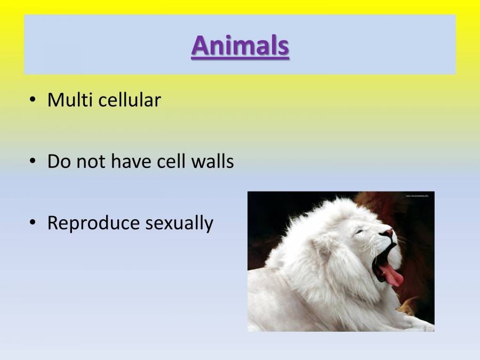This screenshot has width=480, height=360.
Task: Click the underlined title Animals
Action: (x=240, y=45)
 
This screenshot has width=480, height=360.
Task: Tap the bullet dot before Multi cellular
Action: (x=33, y=100)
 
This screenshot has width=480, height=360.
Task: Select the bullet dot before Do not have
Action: (x=33, y=161)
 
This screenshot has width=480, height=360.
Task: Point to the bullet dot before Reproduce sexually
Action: (x=33, y=223)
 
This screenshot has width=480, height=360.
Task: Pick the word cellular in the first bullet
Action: (x=130, y=100)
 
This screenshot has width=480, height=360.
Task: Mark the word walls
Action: (x=214, y=161)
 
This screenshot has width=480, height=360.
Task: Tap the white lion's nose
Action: (x=388, y=234)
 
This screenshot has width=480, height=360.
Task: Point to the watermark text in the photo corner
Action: (x=417, y=196)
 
